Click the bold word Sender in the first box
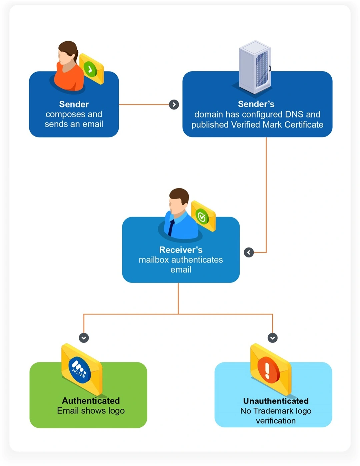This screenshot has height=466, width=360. coord(74,104)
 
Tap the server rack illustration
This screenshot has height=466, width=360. coord(255,67)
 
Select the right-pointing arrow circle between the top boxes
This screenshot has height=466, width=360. coord(174,105)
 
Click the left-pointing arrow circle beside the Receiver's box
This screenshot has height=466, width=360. coord(249,252)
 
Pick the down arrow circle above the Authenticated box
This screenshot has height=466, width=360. coord(84,338)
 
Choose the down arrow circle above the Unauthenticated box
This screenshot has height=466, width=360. coord(273,338)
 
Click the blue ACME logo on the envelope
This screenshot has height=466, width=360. coord(79,369)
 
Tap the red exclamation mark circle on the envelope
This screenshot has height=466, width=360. coord(268,370)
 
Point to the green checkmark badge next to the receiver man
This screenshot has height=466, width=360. coord(202,217)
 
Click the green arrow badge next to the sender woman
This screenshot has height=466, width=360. coord(90,69)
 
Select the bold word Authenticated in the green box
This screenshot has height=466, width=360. coord(91,401)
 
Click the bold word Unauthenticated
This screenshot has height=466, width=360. coord(276,401)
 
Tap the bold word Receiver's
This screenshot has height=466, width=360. coord(181,250)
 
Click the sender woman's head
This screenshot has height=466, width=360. coord(68,53)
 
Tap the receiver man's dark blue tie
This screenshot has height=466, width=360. coord(171,228)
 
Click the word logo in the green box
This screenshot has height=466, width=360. coord(116,411)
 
